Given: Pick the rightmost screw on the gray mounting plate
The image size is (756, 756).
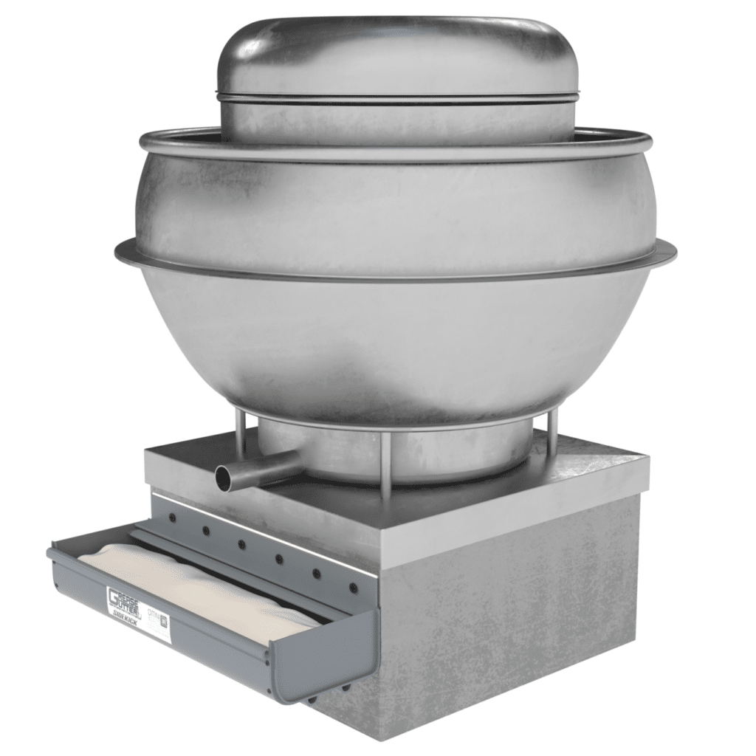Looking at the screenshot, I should pyautogui.click(x=353, y=588).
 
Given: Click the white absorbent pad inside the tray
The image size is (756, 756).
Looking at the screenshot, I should pyautogui.click(x=199, y=583).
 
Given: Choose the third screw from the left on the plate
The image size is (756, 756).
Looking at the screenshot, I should pyautogui.click(x=242, y=545).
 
